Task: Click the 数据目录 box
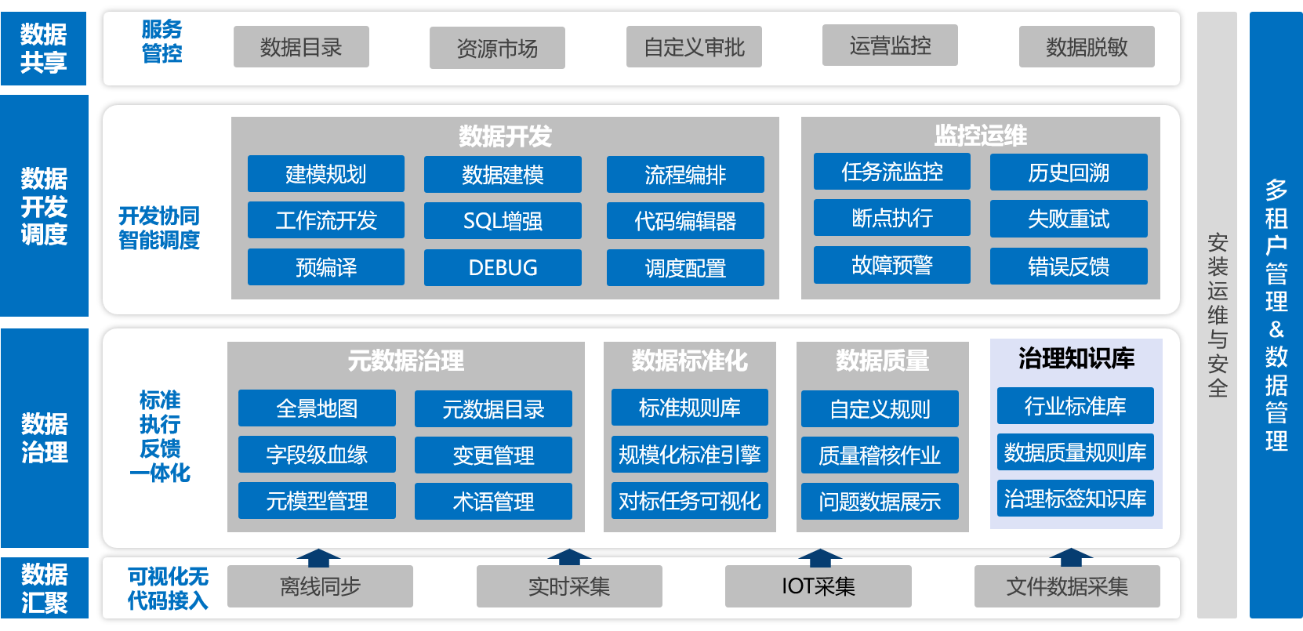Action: point(301,47)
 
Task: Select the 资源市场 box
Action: point(497,49)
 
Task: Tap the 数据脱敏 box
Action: point(1087,47)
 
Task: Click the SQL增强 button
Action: point(503,221)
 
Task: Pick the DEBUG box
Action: point(503,267)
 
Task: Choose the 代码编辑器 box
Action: point(685,221)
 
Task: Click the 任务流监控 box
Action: point(891,172)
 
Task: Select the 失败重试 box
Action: point(1069,219)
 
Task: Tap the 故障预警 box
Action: point(891,265)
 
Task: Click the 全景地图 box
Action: point(317,408)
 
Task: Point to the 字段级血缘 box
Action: point(317,455)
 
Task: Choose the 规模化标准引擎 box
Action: point(689,455)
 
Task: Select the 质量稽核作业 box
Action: point(880,455)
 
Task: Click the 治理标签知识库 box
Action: point(1075,499)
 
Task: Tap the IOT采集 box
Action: point(818,586)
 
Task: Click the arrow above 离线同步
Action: point(318,557)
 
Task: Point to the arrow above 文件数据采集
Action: point(1071,557)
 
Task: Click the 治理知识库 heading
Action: point(1076,358)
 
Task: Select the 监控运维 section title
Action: point(980,135)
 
